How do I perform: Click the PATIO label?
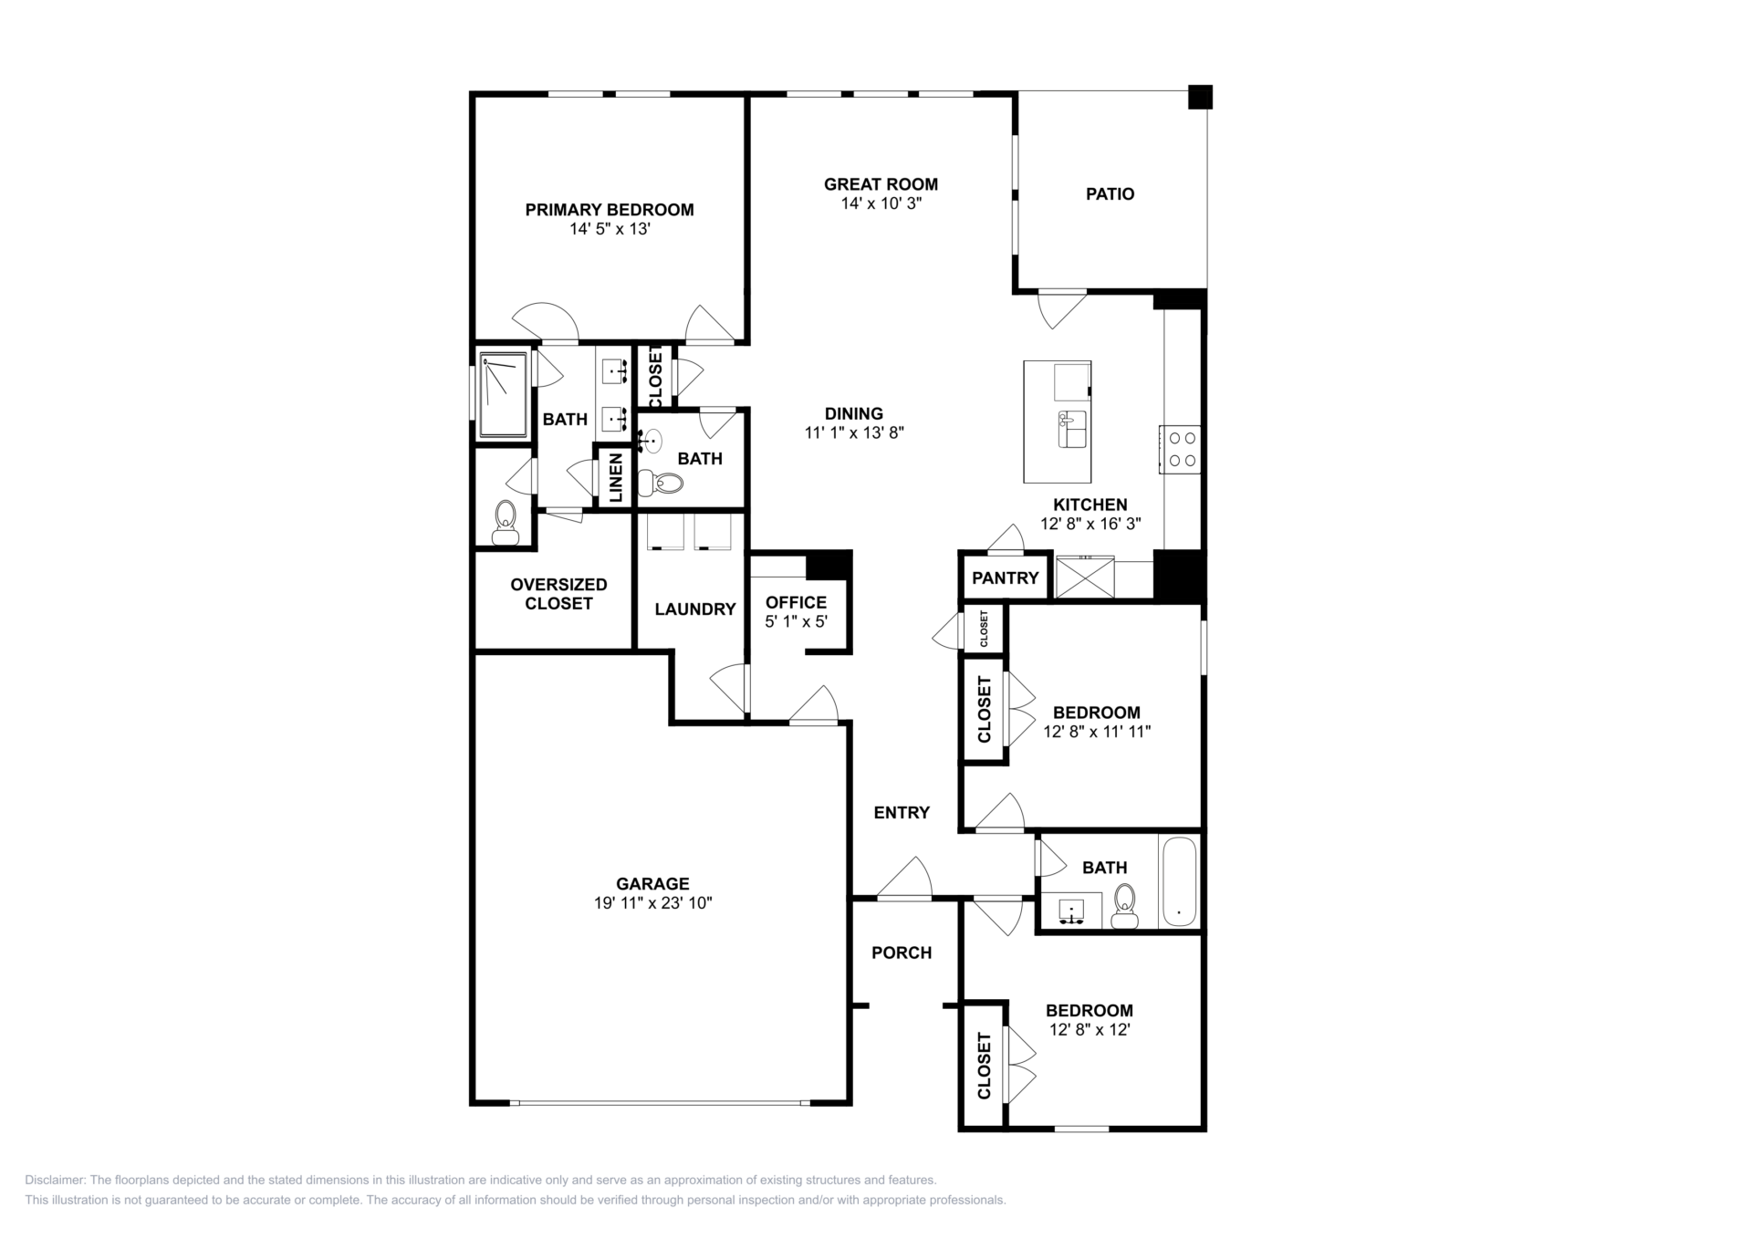point(1110,193)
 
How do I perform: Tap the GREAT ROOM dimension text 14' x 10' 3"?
point(881,203)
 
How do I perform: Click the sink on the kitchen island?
point(1072,429)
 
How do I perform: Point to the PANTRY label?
point(1005,578)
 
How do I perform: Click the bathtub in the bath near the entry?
point(1178,880)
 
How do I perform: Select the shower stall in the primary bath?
point(503,394)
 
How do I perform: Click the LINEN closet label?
point(616,477)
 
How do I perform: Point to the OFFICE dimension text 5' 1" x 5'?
point(796,621)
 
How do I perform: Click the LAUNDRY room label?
point(694,609)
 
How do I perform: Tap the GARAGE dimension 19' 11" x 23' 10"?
point(652,903)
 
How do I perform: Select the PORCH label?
point(902,953)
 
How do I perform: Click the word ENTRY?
point(902,812)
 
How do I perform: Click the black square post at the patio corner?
point(1200,97)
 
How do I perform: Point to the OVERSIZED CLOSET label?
point(558,594)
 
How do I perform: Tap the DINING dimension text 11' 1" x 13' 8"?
point(854,433)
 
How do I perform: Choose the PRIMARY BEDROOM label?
point(610,210)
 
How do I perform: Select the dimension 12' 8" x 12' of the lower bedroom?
point(1090,1030)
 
